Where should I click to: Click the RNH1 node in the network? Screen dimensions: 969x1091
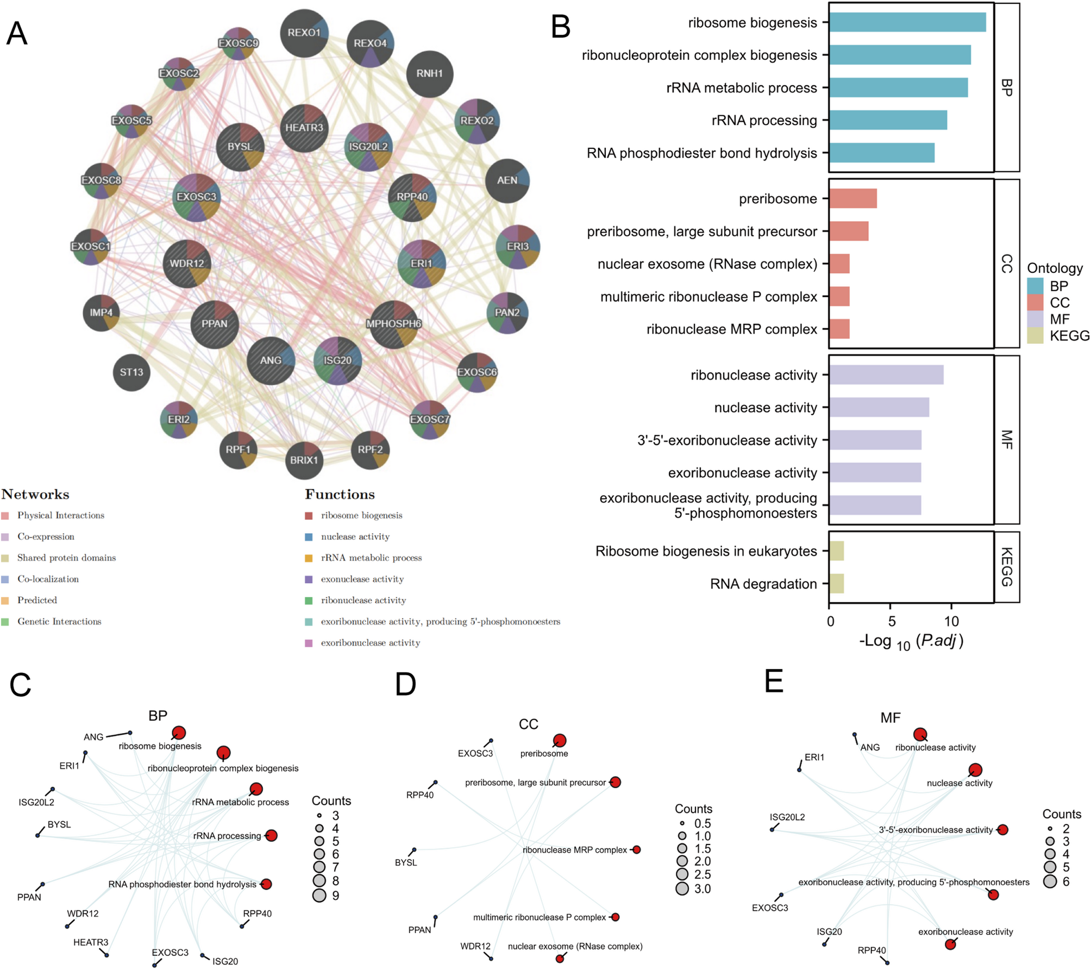(429, 74)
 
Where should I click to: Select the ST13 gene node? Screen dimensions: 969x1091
(131, 372)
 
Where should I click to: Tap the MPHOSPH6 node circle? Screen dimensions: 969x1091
(394, 324)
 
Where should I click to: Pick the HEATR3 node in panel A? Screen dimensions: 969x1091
(304, 128)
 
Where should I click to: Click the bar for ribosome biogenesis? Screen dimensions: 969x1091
(907, 22)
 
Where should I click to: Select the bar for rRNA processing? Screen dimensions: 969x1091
(888, 120)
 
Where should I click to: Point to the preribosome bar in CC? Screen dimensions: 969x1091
(852, 199)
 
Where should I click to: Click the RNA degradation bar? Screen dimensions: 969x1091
(837, 584)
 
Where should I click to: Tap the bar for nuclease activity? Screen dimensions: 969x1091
(879, 408)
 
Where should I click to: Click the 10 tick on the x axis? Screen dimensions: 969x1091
(951, 621)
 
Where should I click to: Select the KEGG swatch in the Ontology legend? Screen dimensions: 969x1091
(1034, 336)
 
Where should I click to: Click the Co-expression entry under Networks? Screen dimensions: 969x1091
(46, 536)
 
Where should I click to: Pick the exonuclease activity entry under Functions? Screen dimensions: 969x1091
(362, 579)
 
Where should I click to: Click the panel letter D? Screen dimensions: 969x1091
(405, 685)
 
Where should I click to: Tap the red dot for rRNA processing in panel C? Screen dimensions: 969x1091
(271, 835)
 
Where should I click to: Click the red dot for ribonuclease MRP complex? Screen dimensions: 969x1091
(637, 849)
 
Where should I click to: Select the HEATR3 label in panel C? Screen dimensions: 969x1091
(91, 942)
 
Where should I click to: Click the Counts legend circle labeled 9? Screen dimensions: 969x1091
(319, 895)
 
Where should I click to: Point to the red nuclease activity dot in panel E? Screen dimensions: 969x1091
(975, 770)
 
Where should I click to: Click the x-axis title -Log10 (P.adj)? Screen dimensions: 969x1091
(911, 641)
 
